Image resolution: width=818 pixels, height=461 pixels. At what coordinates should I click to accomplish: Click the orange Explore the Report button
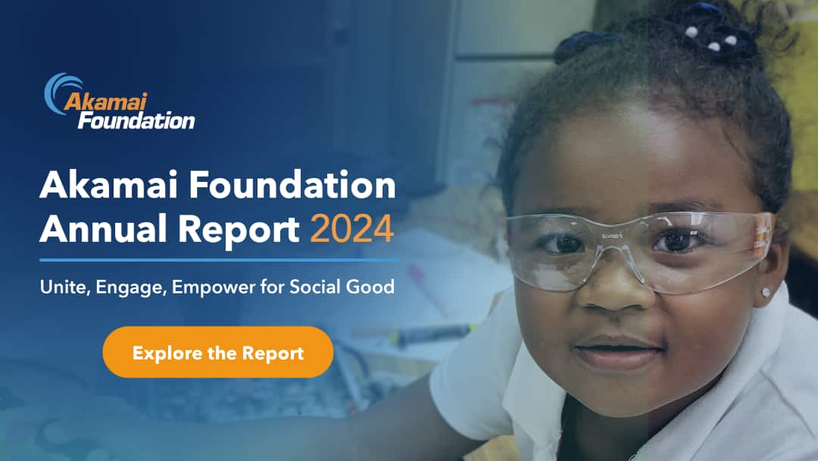218,353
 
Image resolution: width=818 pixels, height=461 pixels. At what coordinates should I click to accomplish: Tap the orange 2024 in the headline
351,229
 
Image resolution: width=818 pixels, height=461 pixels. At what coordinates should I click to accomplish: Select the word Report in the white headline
239,230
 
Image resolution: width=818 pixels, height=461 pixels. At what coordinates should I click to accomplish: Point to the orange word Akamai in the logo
105,102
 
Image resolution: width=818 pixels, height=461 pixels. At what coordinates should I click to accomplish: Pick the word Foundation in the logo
136,121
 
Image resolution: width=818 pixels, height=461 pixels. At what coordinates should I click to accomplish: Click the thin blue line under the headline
220,260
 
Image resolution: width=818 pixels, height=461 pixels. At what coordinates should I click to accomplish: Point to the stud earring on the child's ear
766,292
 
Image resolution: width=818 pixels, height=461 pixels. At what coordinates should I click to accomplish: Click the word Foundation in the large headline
292,185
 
